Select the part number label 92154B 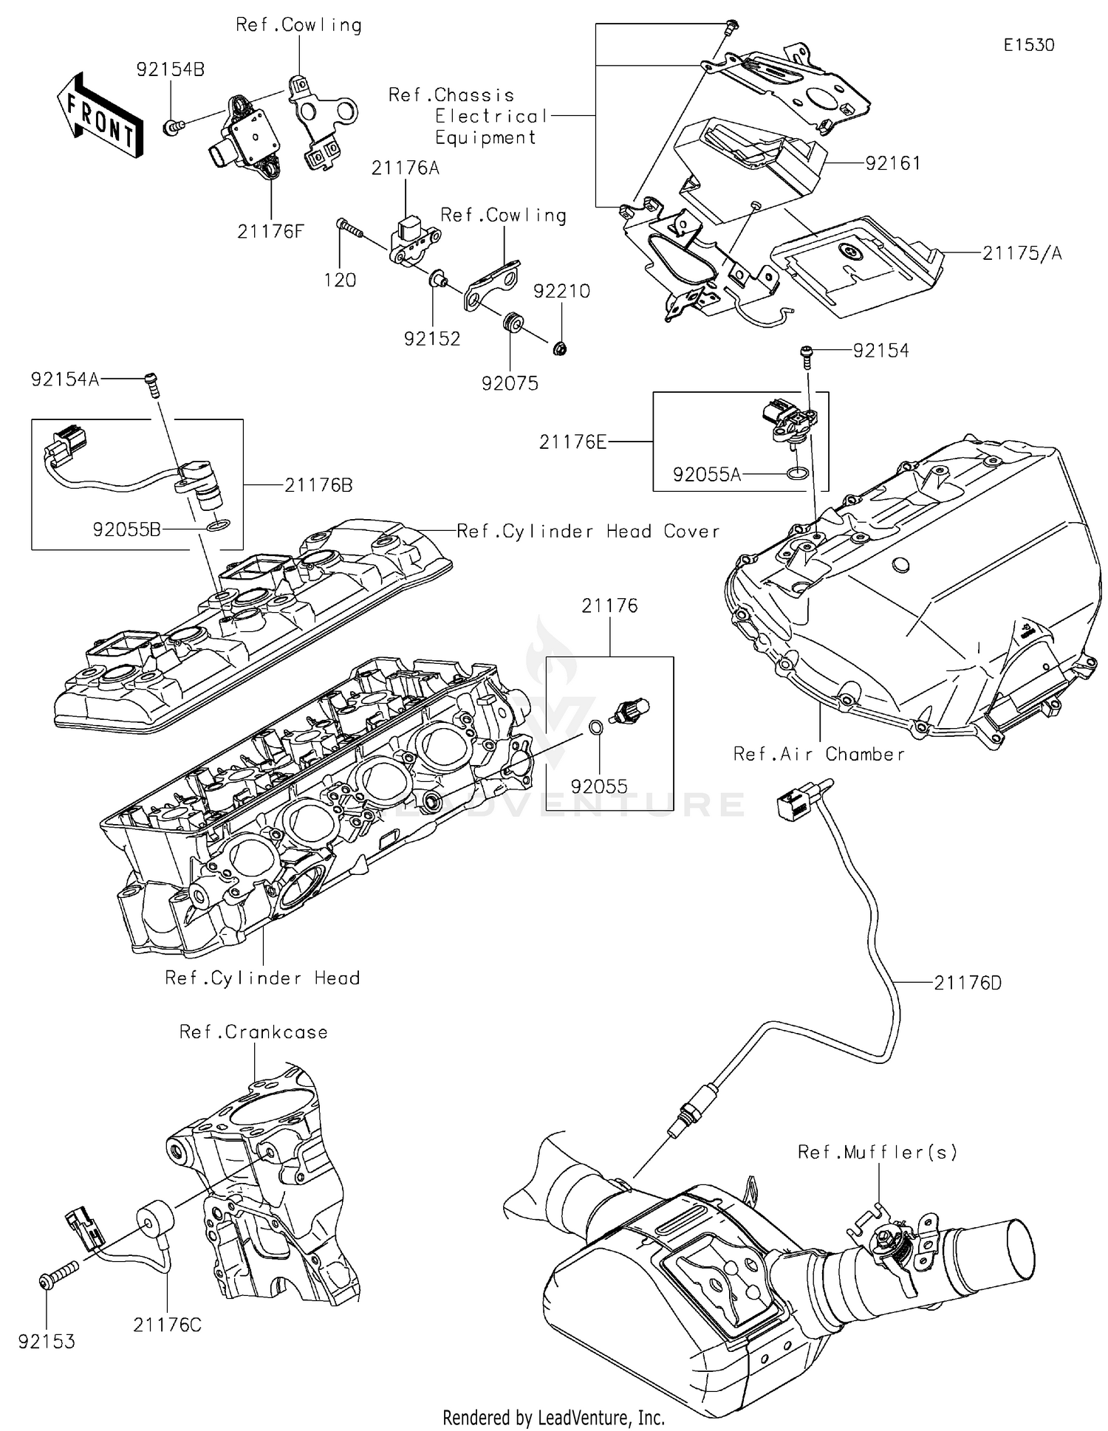pos(170,69)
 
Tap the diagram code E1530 pos(1028,45)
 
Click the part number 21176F pos(270,232)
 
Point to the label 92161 pos(893,163)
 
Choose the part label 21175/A pos(1022,253)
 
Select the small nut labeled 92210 pos(560,347)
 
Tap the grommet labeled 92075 pos(511,323)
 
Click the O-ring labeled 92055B pos(218,526)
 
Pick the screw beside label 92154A pos(153,384)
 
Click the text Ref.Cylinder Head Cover pos(587,532)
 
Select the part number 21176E pos(572,442)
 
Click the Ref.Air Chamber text pos(818,754)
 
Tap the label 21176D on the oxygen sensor pos(968,983)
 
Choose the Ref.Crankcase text pos(253,1032)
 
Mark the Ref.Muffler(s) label pos(878,1152)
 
